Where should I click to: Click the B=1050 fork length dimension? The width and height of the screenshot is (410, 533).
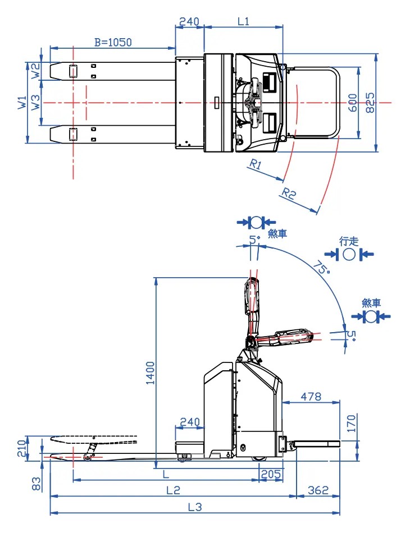point(113,42)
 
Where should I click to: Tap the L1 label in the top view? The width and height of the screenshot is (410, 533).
point(243,22)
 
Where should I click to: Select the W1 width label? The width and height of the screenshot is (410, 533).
point(22,102)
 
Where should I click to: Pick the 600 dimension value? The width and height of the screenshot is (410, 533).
point(353,103)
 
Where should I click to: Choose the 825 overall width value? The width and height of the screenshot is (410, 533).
point(370,103)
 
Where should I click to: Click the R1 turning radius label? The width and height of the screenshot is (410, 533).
point(256,164)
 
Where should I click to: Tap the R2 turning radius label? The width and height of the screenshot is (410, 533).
point(289,194)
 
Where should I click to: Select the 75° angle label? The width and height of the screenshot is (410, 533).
point(321,267)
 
